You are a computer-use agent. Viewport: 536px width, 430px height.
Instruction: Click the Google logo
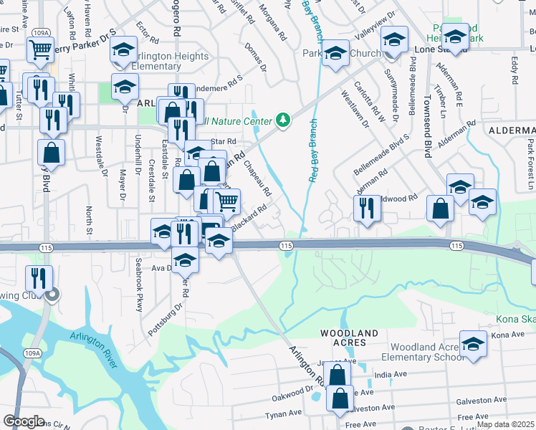coord(24,421)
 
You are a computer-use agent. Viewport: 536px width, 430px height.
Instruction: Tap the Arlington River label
coord(94,349)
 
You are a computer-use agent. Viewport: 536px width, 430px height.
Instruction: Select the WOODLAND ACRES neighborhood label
coord(349,338)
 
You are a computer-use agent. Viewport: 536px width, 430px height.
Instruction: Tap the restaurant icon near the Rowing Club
coord(37,277)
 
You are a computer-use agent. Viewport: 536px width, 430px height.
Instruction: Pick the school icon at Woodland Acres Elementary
coord(473,345)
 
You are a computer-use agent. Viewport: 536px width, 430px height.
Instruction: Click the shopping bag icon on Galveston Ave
coord(341,397)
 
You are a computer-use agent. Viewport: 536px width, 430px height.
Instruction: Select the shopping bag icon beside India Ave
coord(337,373)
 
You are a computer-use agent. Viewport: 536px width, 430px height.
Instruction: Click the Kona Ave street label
coord(509,335)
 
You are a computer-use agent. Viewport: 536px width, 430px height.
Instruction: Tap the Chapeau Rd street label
coord(258,179)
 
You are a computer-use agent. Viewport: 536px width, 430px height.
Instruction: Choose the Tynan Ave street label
coord(283,414)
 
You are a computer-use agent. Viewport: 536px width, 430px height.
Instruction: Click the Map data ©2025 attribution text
coord(505,424)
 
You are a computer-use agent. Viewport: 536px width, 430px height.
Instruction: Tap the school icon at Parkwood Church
coord(335,54)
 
